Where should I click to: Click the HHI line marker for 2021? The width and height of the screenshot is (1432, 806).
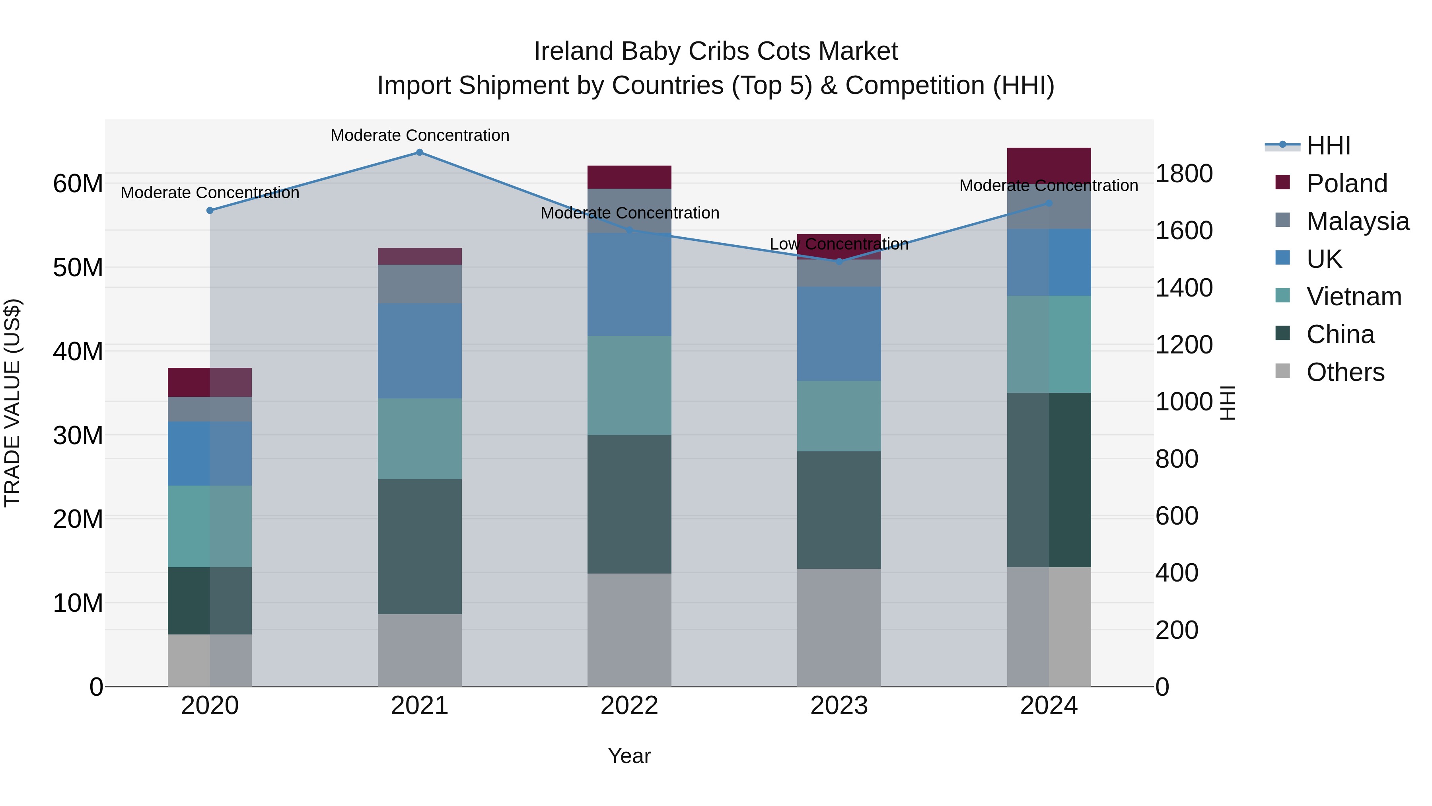pyautogui.click(x=420, y=152)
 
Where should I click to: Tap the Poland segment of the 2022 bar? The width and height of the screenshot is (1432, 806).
pyautogui.click(x=629, y=177)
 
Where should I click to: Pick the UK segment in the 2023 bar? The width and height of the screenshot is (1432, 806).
pyautogui.click(x=839, y=334)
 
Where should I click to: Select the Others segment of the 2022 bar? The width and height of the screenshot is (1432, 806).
pyautogui.click(x=629, y=630)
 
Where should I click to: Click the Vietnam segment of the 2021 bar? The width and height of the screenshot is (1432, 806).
pyautogui.click(x=420, y=438)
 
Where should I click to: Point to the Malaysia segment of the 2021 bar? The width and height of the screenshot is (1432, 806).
pyautogui.click(x=420, y=284)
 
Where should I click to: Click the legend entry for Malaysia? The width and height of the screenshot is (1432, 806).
pyautogui.click(x=1358, y=221)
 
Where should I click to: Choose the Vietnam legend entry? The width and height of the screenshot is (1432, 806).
pyautogui.click(x=1354, y=297)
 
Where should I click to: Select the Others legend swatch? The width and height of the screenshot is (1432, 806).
pyautogui.click(x=1282, y=371)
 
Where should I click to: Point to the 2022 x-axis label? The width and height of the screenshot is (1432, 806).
pyautogui.click(x=629, y=706)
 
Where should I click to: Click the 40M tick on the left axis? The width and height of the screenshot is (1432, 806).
pyautogui.click(x=78, y=351)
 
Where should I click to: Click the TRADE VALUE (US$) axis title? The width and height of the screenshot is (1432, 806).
pyautogui.click(x=13, y=403)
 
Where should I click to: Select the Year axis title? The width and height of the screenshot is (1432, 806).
pyautogui.click(x=629, y=756)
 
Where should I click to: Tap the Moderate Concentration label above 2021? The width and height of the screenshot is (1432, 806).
pyautogui.click(x=420, y=135)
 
